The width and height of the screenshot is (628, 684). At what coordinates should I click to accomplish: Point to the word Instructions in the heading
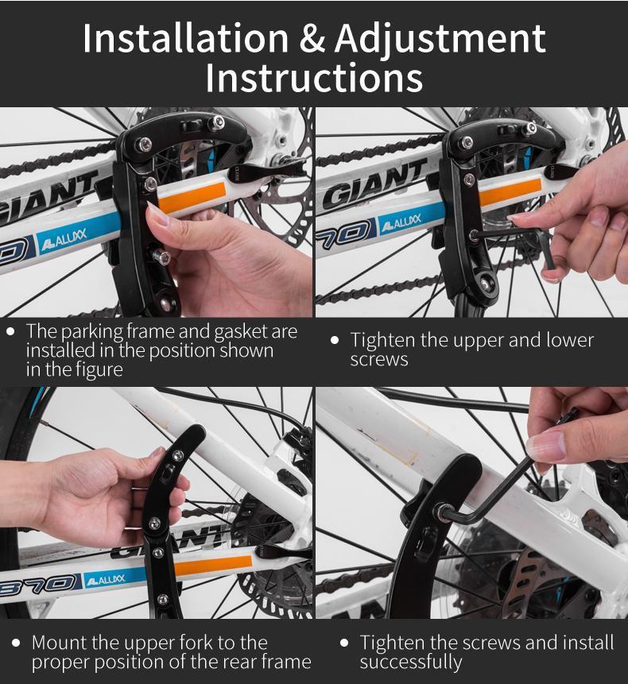[314, 79]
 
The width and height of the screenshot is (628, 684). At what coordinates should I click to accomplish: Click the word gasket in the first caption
[214, 331]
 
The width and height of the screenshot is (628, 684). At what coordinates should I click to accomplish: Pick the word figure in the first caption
[97, 369]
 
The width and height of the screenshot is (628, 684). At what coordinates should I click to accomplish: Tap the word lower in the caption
[568, 340]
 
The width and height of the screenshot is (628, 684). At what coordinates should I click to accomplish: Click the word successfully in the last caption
[410, 662]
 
